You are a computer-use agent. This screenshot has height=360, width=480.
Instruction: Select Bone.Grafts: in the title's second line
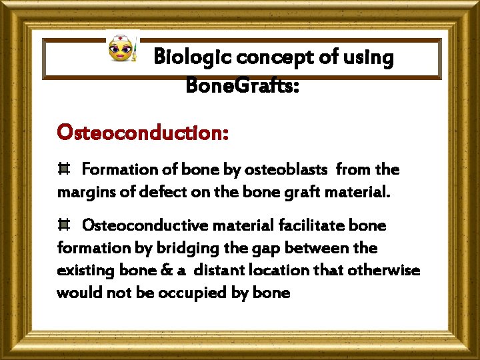coord(242,85)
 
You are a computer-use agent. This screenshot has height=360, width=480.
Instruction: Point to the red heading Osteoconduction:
coord(143,132)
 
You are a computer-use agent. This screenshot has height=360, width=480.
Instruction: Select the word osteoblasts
coord(285,170)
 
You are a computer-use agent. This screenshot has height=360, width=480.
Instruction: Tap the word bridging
coord(186,248)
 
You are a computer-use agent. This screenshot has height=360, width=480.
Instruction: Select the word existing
coord(84,271)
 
